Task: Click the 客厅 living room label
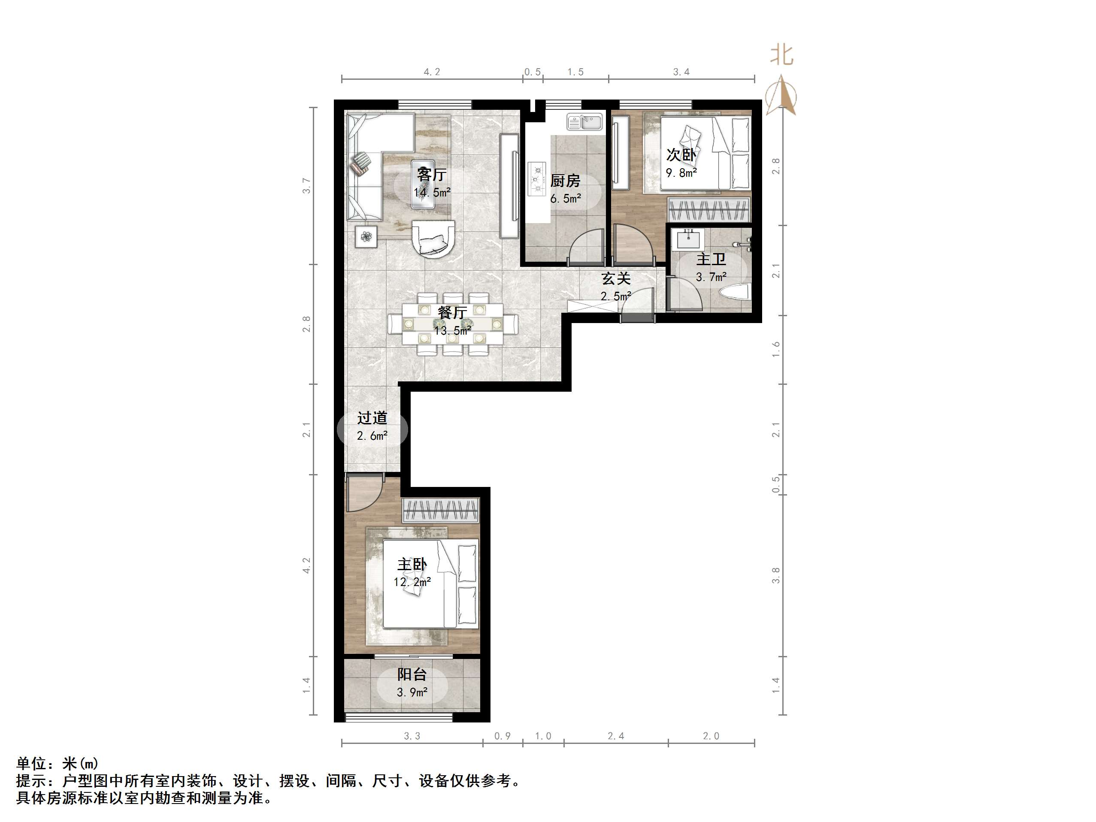(432, 175)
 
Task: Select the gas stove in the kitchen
(536, 178)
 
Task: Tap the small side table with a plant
(366, 236)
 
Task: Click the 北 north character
(781, 55)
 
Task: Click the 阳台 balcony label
(412, 674)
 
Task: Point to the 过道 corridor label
(372, 418)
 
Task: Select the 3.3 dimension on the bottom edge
(412, 736)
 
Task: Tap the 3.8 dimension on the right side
(776, 575)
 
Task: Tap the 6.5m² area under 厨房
(565, 199)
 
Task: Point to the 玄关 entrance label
(616, 278)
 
